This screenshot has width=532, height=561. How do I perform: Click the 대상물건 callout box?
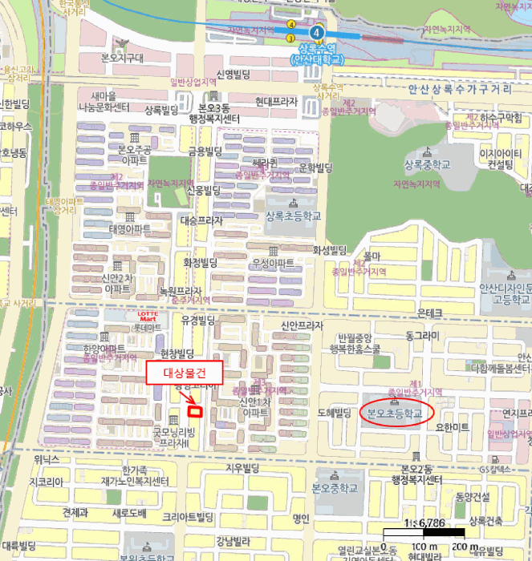click(x=185, y=373)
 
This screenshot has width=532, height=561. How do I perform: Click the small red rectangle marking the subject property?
click(x=193, y=411)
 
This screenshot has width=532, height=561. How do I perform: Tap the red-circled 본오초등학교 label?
click(x=395, y=414)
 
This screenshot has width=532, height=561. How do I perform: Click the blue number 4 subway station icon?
click(x=319, y=32)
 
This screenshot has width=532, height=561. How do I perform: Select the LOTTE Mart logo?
click(x=145, y=317)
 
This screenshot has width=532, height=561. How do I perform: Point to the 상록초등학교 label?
click(x=292, y=216)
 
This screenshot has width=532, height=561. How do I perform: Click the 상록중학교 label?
click(x=427, y=165)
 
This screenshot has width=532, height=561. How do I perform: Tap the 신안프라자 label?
click(x=301, y=325)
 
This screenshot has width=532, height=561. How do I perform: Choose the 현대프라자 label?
click(x=276, y=102)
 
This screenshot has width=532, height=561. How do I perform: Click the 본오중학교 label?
click(x=333, y=488)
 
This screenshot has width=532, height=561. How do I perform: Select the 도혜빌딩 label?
click(x=335, y=414)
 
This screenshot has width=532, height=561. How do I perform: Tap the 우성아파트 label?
click(x=273, y=263)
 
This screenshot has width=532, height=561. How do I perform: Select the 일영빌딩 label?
click(x=231, y=75)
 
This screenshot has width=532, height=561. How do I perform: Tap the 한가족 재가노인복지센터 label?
click(x=134, y=476)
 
